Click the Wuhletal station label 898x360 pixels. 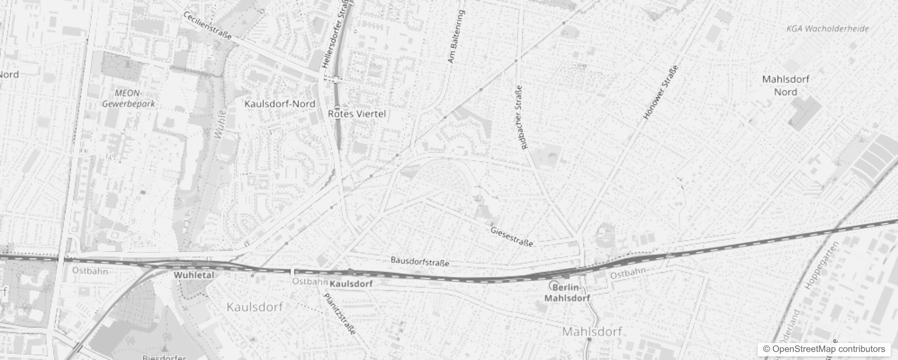pos(194,275)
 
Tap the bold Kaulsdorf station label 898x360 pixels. pos(351,284)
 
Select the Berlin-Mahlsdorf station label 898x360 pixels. pos(567,292)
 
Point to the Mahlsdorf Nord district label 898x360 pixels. pos(786,85)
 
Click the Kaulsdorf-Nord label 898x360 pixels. pos(280,104)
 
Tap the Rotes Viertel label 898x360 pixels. pos(357,114)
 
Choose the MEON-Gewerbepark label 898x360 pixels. pos(128,98)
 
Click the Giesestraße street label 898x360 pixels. pos(512,237)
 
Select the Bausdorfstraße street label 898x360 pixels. pos(420,261)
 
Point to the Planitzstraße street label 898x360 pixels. pos(340,314)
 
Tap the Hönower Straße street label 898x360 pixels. pos(660,93)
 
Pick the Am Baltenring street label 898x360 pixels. pos(456,37)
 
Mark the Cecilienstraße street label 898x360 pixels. pos(207,25)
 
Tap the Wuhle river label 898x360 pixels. pos(220,124)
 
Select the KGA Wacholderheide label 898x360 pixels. pos(827,29)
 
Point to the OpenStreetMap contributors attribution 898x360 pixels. pos(824,349)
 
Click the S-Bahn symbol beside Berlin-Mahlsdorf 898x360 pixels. pos(554,285)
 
